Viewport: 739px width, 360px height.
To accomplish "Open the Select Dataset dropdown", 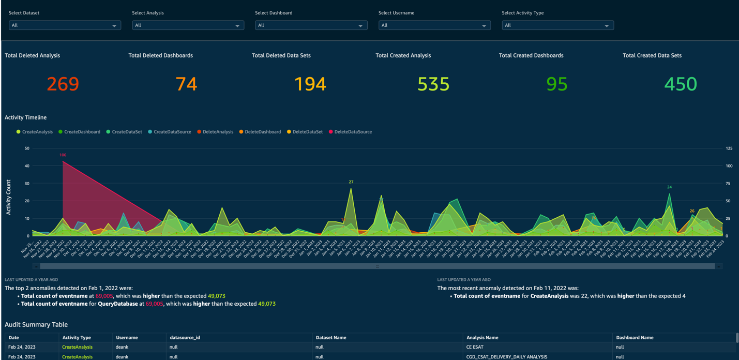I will coord(65,25).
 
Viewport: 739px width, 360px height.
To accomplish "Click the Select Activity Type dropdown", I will coord(557,25).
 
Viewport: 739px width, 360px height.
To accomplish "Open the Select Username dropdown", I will coord(434,25).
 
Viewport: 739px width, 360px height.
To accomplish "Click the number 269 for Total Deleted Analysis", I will coord(63,84).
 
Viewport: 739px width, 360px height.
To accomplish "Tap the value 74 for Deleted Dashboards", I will coord(186,84).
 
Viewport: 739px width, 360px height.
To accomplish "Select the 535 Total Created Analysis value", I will coord(433,84).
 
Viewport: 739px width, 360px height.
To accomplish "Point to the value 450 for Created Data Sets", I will coord(680,84).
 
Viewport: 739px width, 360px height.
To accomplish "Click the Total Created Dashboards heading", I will coord(531,55).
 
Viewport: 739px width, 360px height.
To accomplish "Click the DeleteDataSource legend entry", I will coord(353,132).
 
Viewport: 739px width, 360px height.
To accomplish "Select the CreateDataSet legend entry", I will coord(127,132).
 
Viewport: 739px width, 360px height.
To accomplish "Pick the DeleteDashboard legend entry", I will coord(263,132).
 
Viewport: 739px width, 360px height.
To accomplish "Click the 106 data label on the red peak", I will coord(63,155).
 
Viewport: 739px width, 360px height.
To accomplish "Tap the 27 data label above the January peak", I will coord(351,182).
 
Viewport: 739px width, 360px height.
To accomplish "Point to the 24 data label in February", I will coord(669,187).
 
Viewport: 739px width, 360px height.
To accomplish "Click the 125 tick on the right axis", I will coord(729,148).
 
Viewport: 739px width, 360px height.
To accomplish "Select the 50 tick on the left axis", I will coord(27,148).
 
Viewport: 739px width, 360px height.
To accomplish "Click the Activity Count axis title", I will coord(9,198).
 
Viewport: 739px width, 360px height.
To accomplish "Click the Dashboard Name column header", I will coord(635,338).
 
